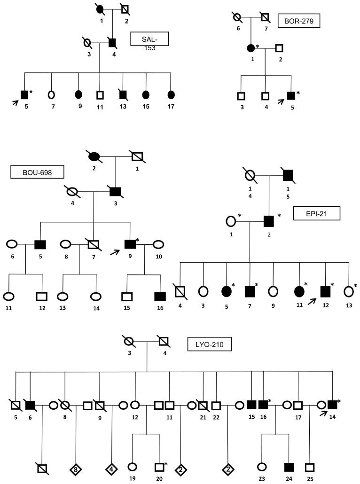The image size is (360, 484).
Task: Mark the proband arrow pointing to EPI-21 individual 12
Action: click(x=310, y=296)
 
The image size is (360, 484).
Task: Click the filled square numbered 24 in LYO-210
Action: click(x=289, y=467)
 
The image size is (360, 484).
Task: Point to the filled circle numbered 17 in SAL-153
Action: click(x=171, y=94)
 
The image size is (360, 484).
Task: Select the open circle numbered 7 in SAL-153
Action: click(x=51, y=94)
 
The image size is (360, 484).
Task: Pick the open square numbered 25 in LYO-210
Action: click(x=309, y=468)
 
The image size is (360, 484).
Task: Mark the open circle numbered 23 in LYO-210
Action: click(x=262, y=468)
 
